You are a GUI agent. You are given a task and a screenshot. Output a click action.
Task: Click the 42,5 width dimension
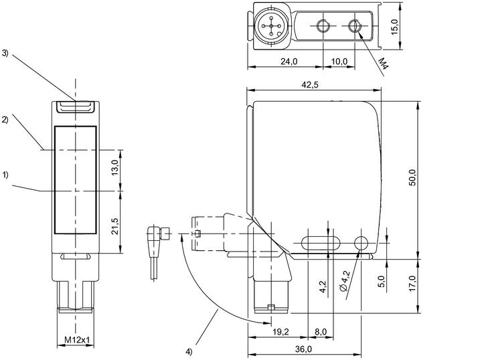coord(310,84)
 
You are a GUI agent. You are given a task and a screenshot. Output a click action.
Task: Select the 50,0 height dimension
coord(412,177)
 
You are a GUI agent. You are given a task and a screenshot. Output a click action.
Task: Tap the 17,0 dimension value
coord(412,283)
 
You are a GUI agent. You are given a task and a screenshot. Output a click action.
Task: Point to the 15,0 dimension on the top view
coord(395,27)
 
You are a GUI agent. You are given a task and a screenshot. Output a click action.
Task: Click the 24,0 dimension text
coord(289,62)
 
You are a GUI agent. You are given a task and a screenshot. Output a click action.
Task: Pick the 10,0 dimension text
coord(339,62)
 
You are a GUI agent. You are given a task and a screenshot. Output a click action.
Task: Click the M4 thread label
coord(383,63)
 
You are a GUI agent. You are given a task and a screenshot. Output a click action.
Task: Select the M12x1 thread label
coord(77,340)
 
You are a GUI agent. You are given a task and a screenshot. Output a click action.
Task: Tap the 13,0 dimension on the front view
coord(115,167)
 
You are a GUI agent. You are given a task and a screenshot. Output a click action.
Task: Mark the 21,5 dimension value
coord(115,226)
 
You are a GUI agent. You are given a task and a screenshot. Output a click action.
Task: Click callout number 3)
coord(5,53)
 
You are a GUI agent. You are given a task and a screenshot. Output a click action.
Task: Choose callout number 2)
coord(5,120)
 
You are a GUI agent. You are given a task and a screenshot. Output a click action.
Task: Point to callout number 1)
coord(5,175)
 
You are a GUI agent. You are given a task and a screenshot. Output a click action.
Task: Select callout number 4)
coord(189,351)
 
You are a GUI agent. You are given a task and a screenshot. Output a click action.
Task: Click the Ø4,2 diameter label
coord(345,281)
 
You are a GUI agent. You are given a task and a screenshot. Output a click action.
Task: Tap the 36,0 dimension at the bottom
coord(303,349)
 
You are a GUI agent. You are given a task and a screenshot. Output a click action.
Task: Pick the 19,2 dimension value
coord(281,332)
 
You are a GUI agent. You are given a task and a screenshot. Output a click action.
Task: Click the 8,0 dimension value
coord(320,332)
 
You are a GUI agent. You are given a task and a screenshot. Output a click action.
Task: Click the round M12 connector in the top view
coord(271,26)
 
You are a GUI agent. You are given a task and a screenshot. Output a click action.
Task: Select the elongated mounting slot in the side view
coord(320,243)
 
